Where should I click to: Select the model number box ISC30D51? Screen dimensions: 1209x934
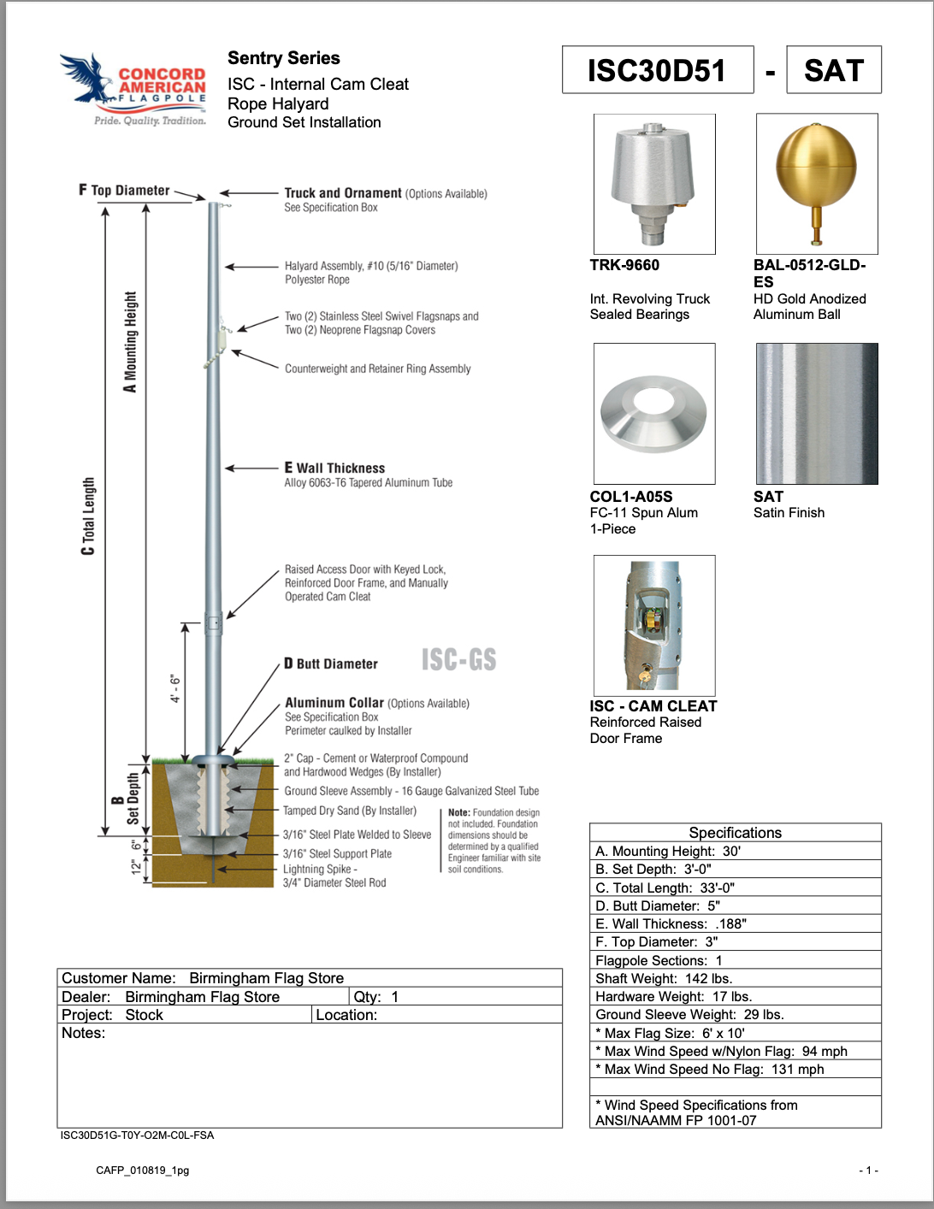coord(657,70)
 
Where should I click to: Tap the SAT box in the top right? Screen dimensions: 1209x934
coord(833,70)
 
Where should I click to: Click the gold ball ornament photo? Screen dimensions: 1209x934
coord(816,183)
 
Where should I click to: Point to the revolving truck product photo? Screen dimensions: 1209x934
coord(654,183)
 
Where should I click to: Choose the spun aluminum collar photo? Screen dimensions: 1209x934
coord(654,413)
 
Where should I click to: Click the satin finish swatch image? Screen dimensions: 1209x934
coord(816,413)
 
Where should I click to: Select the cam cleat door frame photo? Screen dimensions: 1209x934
coord(654,625)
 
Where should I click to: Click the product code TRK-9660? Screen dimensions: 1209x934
coord(624,265)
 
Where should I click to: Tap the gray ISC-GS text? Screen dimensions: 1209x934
coord(458,659)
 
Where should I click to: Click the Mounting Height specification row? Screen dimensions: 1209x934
coord(735,851)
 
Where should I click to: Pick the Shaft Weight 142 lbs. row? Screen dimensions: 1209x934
coord(735,978)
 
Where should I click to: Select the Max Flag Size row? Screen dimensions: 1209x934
coord(735,1033)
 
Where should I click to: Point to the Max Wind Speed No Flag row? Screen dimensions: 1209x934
coord(735,1069)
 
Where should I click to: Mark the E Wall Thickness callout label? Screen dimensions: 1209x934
coord(334,468)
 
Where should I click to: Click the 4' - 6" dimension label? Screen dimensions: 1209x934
coord(174,687)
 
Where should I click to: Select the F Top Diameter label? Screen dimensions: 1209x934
coord(125,190)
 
